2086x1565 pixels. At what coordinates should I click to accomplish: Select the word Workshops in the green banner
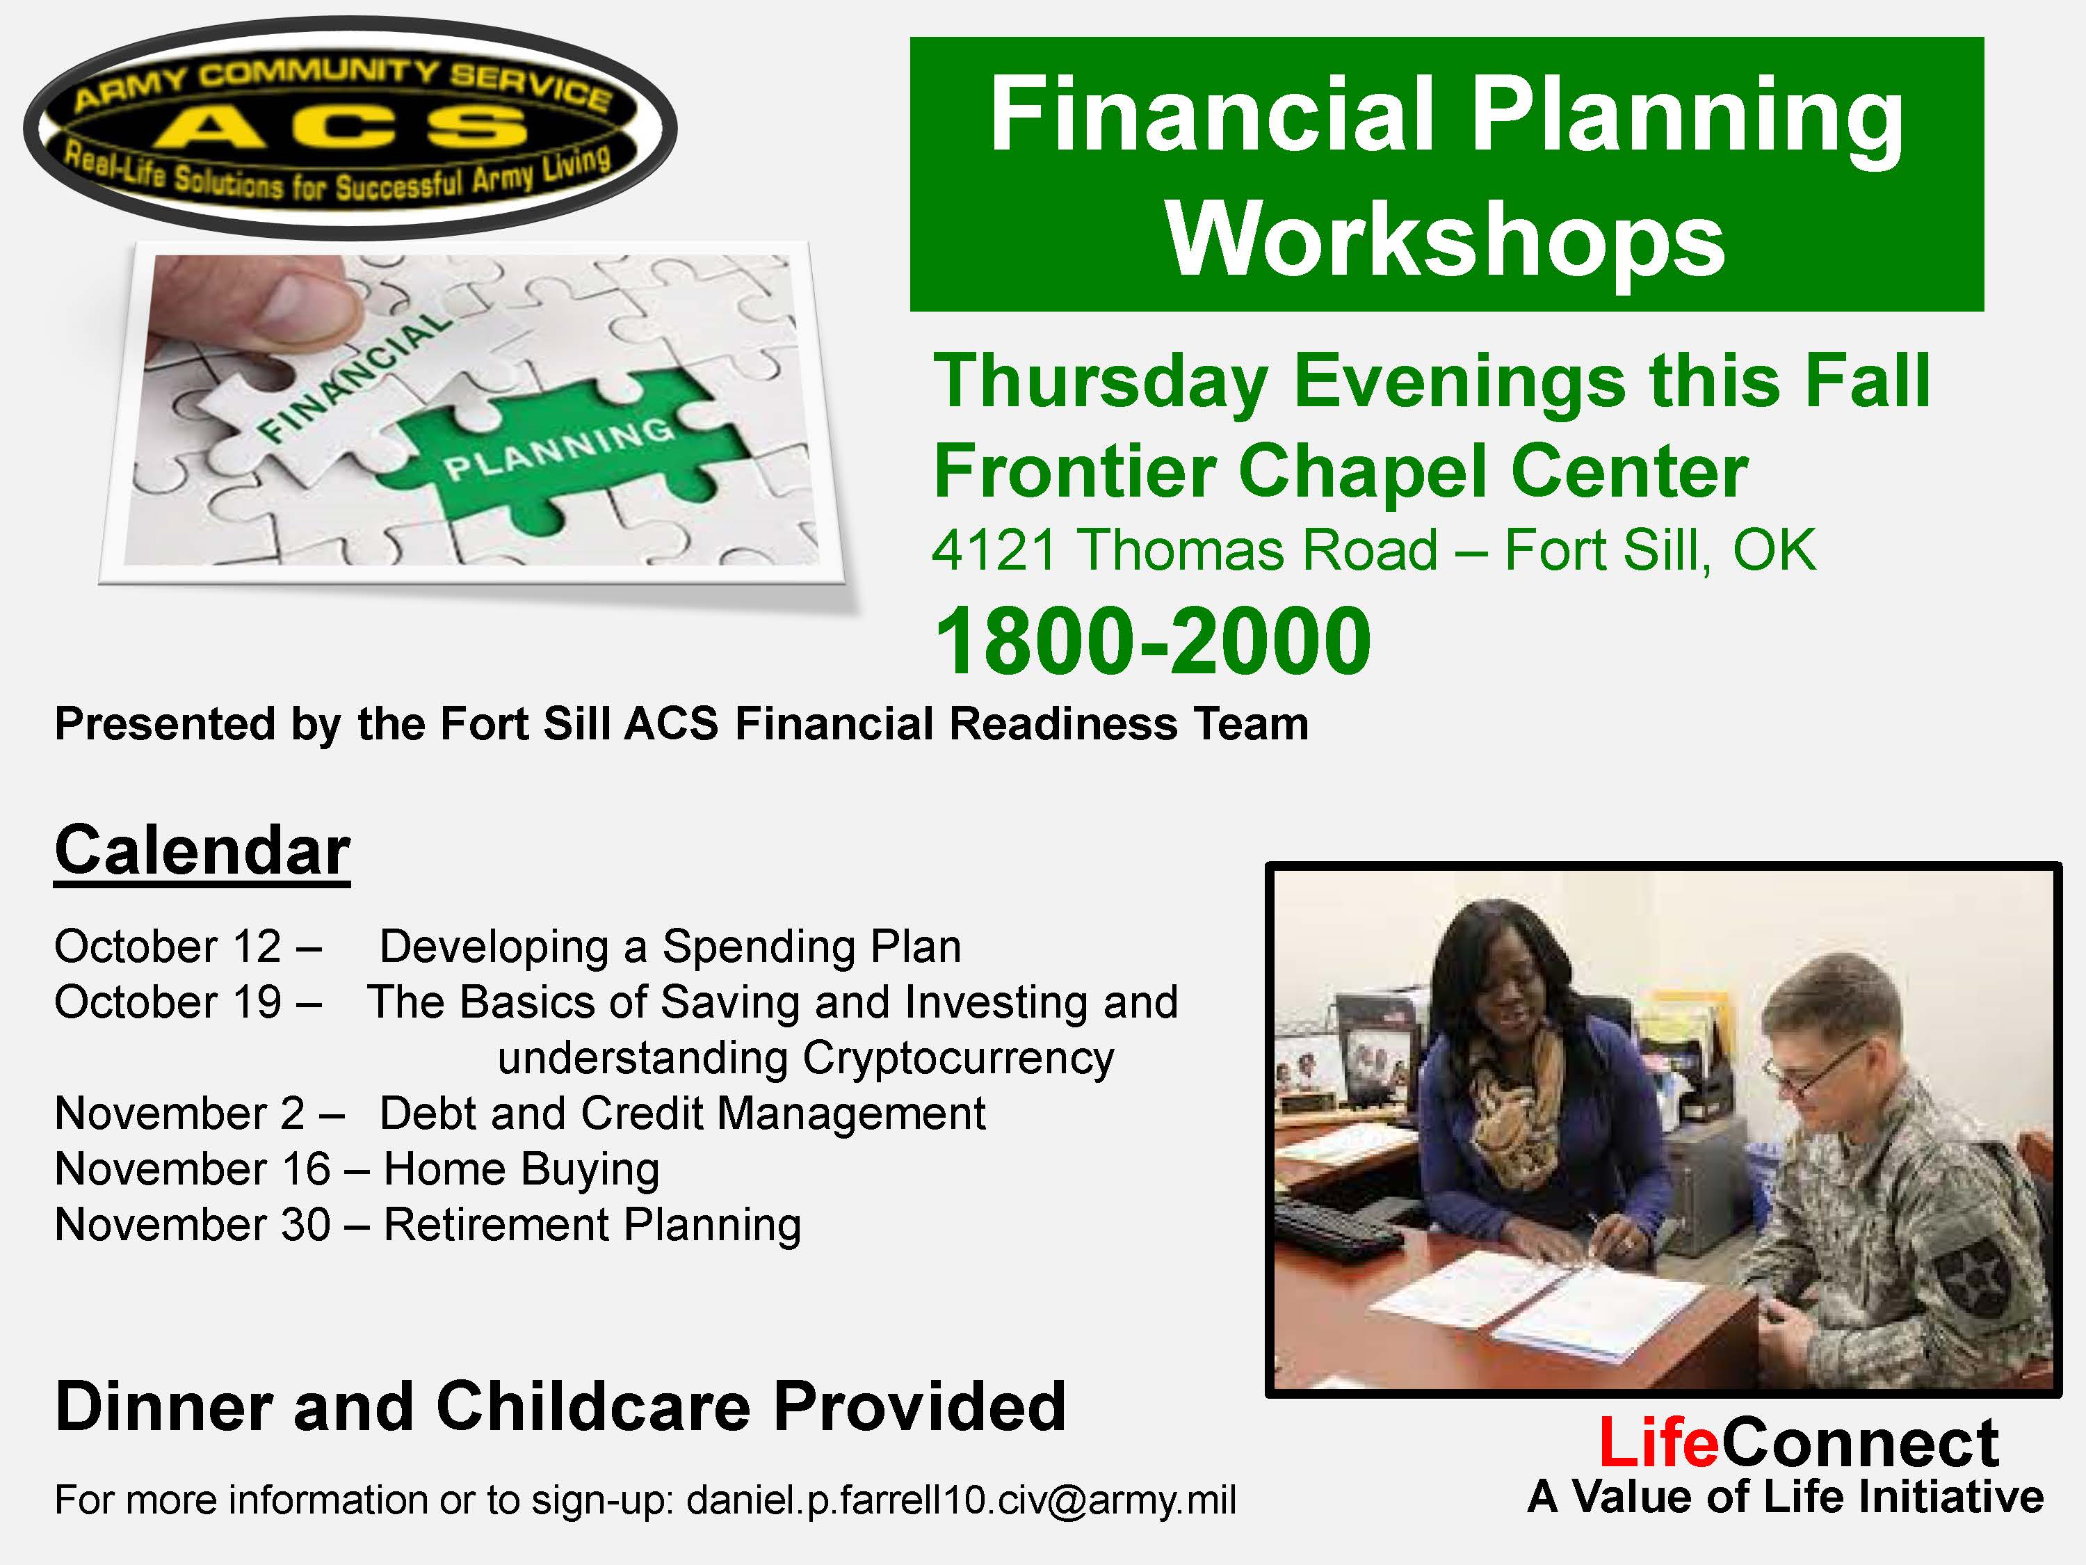coord(1445,241)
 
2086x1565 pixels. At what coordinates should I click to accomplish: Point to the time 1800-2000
coord(1152,641)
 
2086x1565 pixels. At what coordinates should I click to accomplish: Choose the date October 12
coord(168,946)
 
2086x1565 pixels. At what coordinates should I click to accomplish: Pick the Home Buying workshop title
coord(521,1171)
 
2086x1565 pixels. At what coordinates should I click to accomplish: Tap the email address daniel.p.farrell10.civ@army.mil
coord(961,1499)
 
